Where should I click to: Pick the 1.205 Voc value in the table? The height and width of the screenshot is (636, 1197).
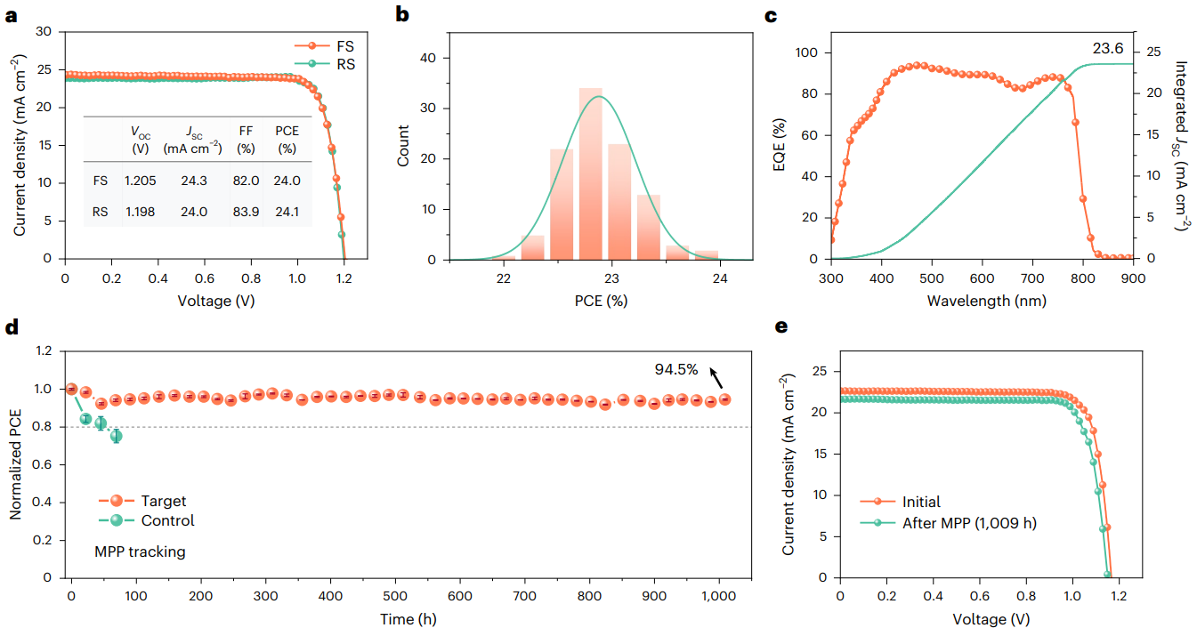tap(139, 180)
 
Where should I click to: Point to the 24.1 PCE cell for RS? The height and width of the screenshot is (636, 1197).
tap(287, 213)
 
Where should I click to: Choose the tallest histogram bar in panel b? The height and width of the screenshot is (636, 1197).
tap(590, 173)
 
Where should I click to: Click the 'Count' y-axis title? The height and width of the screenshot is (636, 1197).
tap(404, 146)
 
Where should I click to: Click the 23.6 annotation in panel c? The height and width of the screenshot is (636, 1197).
tap(1107, 49)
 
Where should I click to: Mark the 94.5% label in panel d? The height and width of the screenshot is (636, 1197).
tap(677, 370)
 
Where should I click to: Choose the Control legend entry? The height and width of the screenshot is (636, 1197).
tap(157, 520)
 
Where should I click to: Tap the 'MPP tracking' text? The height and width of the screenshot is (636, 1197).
tap(140, 551)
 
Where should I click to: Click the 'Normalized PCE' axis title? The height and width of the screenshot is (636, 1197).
tap(16, 463)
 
